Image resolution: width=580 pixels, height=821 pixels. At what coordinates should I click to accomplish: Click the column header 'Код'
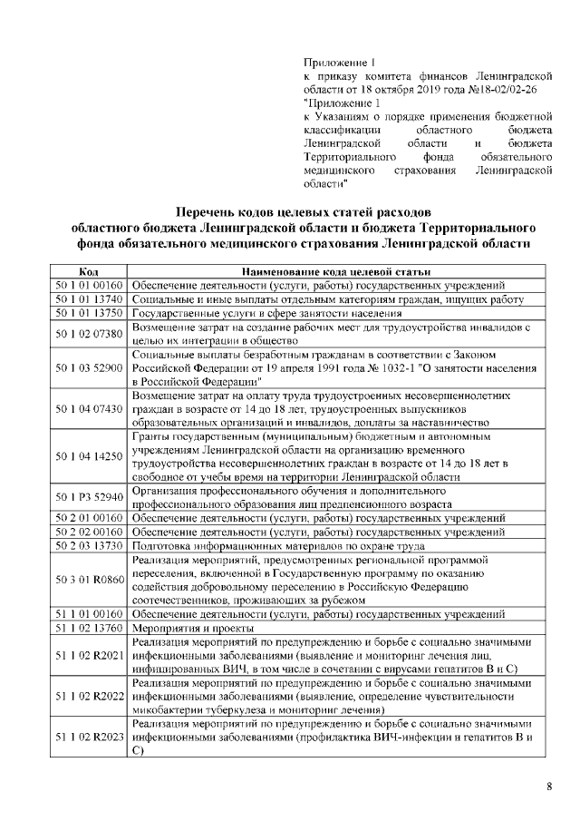[x=89, y=271]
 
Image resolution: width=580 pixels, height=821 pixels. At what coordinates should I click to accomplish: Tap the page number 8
[x=549, y=787]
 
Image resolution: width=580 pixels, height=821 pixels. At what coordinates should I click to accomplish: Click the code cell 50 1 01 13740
[x=89, y=298]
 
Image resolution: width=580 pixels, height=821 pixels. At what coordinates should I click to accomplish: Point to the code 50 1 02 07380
[x=89, y=333]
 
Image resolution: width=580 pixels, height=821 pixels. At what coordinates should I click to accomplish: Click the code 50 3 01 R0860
[x=89, y=578]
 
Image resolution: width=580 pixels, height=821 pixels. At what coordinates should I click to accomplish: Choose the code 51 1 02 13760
[x=89, y=627]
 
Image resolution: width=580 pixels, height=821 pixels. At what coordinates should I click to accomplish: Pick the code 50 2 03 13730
[x=89, y=544]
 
